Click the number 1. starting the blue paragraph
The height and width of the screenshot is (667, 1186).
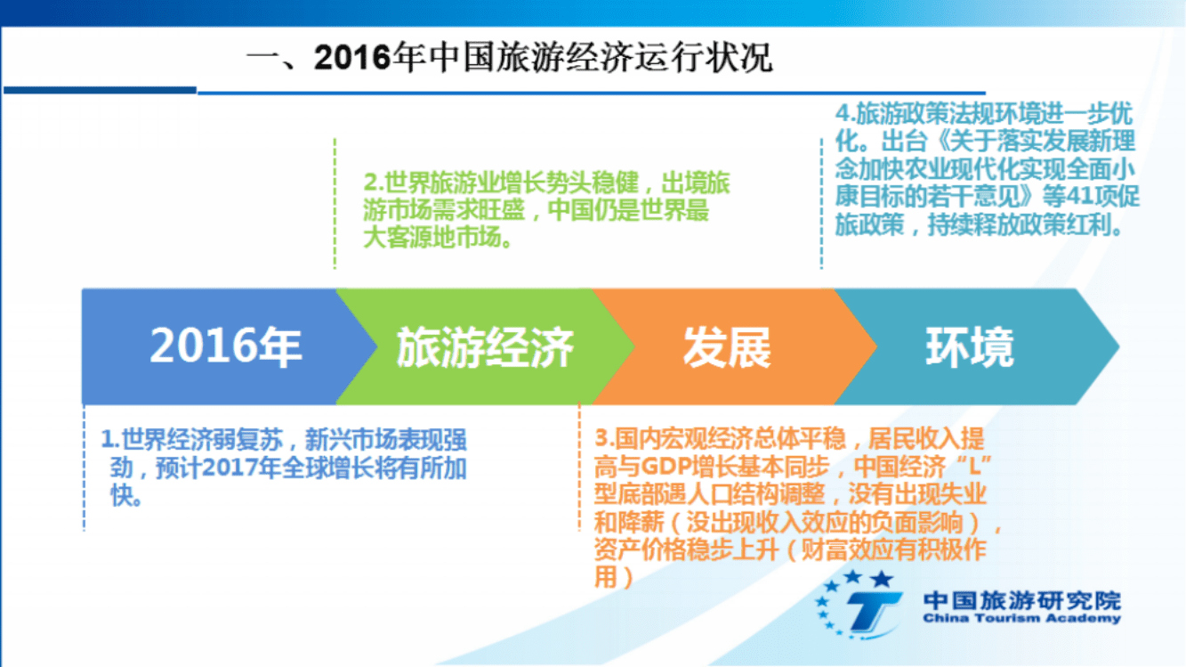point(110,440)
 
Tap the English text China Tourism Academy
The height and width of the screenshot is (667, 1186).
point(1021,619)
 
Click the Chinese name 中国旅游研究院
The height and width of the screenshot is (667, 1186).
point(1021,599)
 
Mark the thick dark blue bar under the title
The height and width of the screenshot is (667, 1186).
point(100,89)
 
